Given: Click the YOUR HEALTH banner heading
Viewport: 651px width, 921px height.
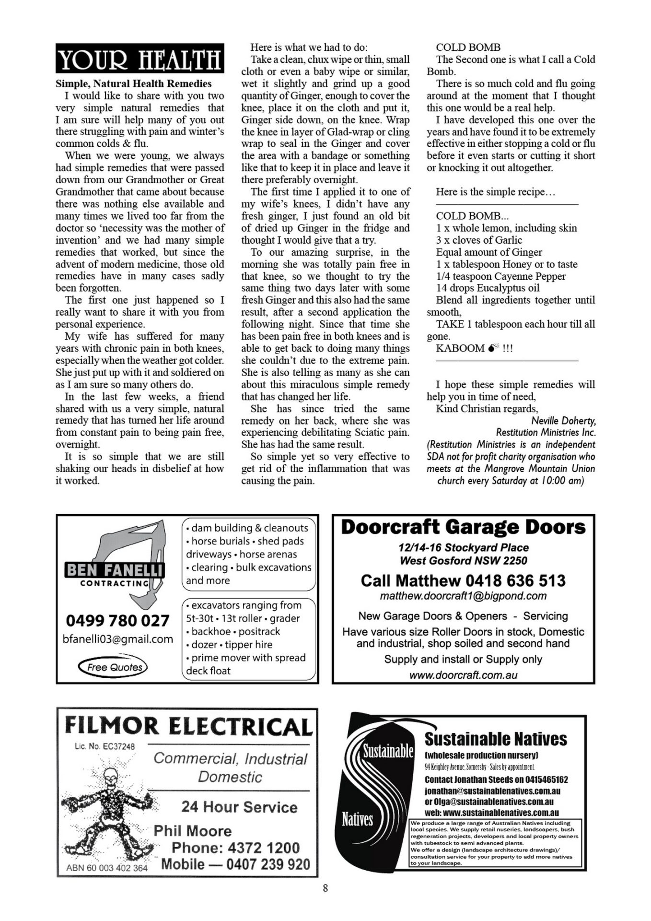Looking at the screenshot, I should [139, 59].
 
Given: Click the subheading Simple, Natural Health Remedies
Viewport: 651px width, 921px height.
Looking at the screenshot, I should [133, 83].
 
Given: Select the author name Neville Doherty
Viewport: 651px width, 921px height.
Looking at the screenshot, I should [563, 421].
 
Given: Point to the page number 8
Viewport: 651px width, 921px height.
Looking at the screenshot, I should [325, 888].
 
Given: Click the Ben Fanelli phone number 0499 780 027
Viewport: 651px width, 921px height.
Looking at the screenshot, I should [117, 621].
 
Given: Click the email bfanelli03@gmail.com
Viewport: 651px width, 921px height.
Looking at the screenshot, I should [118, 639].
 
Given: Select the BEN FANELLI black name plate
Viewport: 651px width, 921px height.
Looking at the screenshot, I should [114, 570].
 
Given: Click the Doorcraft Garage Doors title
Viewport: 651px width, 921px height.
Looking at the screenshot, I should [463, 527].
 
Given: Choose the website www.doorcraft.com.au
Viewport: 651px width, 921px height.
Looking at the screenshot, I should [463, 675].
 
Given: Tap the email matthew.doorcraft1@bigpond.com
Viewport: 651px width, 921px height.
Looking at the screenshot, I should [463, 596].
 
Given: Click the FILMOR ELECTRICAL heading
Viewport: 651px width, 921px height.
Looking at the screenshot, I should [188, 726].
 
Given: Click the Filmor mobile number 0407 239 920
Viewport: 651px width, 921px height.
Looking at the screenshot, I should [268, 864].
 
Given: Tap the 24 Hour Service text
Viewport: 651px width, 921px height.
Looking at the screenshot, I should [239, 807].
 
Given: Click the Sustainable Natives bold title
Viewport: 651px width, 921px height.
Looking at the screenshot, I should [496, 739].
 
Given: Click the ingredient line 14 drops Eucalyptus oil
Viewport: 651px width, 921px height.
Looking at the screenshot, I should [488, 288].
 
